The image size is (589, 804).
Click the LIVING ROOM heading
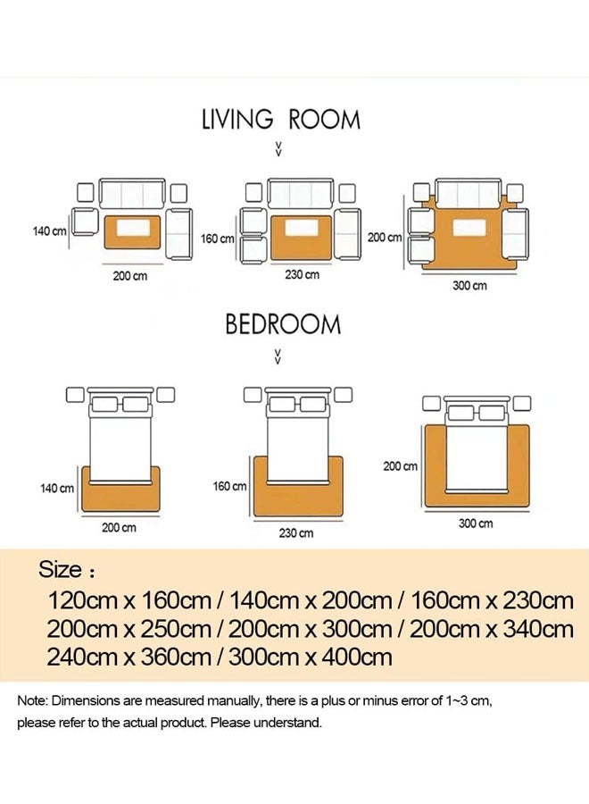point(280,119)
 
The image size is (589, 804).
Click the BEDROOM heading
point(282,323)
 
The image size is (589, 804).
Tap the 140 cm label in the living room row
point(50,231)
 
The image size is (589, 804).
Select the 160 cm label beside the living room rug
point(218,239)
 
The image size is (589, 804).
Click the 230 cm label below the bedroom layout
point(297,533)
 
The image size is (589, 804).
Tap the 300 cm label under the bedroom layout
point(476,523)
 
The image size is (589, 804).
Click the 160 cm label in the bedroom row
point(229,486)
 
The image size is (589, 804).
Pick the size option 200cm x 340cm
point(492,629)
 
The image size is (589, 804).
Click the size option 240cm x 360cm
point(124,658)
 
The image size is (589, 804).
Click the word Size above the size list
point(61,569)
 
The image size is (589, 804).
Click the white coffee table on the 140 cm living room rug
point(132,230)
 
